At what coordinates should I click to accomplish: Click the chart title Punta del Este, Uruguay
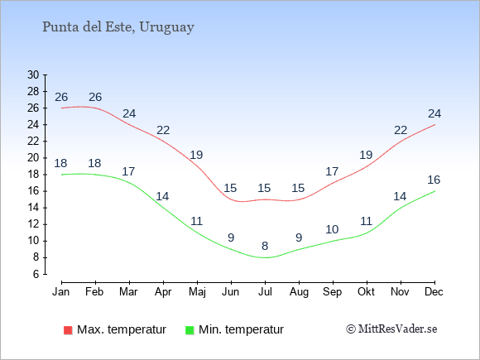pos(118,27)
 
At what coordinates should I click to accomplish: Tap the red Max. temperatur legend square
pos(68,330)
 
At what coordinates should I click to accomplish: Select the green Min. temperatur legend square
pos(190,330)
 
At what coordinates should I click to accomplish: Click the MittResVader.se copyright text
pos(391,329)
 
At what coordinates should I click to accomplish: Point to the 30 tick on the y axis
pos(33,75)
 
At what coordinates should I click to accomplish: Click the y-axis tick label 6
pos(36,274)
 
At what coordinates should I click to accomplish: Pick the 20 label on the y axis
pos(33,158)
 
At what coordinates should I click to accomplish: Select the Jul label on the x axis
pos(265,292)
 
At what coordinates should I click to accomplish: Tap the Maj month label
pos(197,292)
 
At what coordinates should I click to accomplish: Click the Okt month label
pos(366,292)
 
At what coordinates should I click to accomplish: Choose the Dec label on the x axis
pos(434,292)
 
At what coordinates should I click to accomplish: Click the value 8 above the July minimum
pos(265,246)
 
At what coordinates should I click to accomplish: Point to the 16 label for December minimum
pos(434,180)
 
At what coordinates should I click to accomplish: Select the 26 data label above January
pos(61,97)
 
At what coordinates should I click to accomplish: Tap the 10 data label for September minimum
pos(332,229)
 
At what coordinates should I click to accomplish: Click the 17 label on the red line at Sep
pos(332,171)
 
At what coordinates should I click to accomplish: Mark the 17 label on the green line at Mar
pos(128,171)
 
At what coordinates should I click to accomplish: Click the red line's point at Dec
pos(434,125)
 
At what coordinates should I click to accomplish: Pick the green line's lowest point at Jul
pos(265,257)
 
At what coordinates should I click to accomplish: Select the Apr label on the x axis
pos(163,292)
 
